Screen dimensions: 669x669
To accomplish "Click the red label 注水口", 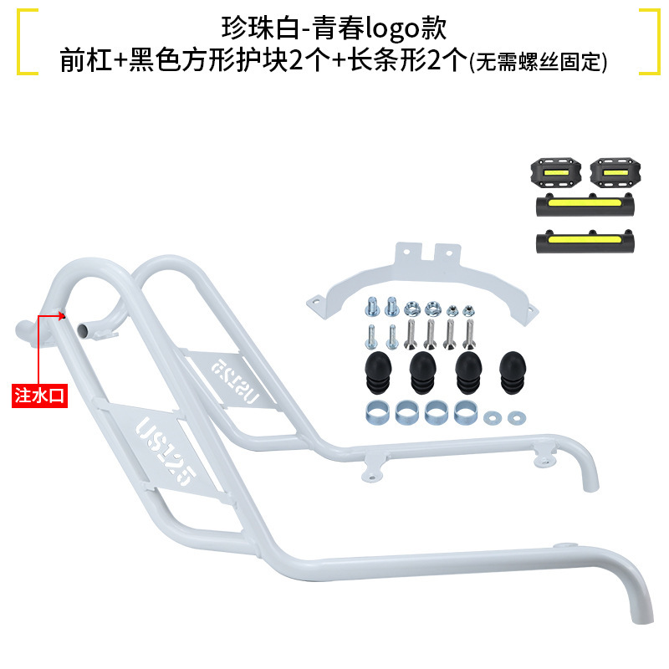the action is (39, 394).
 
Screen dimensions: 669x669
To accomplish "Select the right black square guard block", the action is (610, 171).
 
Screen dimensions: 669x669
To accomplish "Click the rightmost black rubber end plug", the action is (512, 370).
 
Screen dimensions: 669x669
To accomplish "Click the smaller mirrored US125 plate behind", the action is (236, 382).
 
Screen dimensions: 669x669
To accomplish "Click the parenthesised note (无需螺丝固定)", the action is (538, 63).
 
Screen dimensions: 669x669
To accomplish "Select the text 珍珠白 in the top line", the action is (248, 28).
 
